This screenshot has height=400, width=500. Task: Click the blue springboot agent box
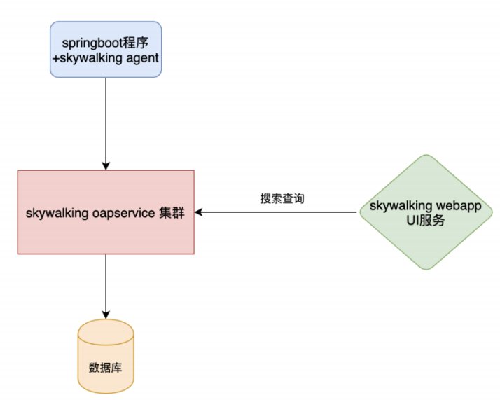tap(106, 48)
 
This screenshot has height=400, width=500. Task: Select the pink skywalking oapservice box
tap(106, 211)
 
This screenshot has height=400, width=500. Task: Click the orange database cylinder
tap(106, 357)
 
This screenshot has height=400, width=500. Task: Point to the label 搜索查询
tap(282, 198)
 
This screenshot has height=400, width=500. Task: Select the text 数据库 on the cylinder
tap(106, 367)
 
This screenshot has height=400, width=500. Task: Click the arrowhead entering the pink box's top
tap(106, 165)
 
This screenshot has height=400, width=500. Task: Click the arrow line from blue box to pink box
tap(106, 119)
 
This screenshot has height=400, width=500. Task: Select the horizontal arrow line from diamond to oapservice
tap(280, 211)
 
